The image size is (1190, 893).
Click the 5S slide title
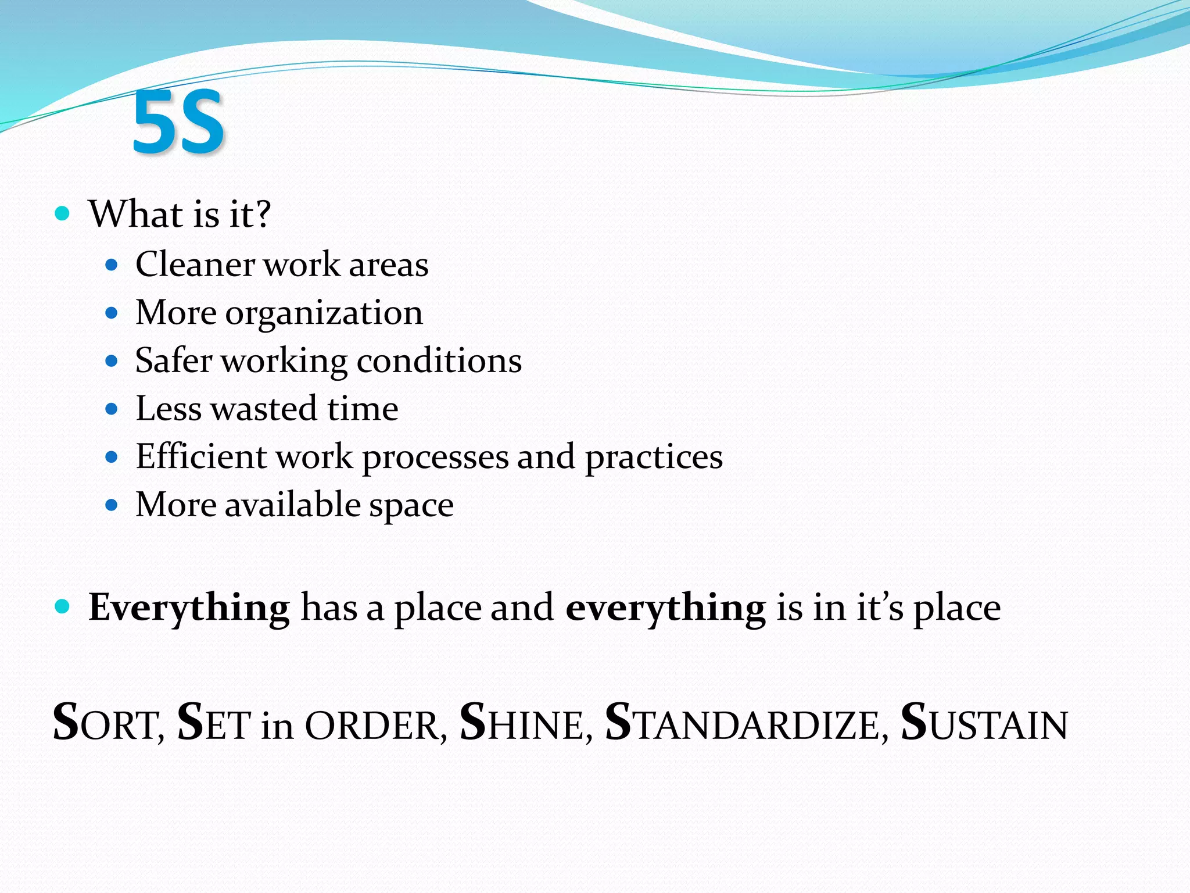(178, 123)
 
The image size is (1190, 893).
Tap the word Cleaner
(195, 265)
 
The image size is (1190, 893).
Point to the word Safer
(173, 360)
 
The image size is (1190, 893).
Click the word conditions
(439, 361)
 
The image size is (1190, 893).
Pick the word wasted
(264, 409)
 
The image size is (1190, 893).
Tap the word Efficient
(201, 456)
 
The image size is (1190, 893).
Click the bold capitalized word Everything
(189, 608)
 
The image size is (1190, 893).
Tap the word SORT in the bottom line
(109, 723)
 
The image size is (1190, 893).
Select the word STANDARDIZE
(746, 723)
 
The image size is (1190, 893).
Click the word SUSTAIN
(984, 723)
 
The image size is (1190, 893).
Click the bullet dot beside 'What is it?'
(62, 213)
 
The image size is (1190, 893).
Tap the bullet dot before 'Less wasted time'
(112, 409)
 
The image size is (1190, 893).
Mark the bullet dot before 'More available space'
(112, 505)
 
